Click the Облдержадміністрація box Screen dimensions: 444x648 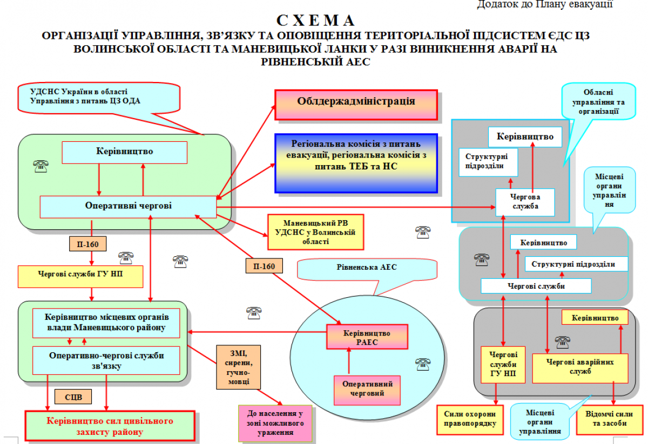coord(356,102)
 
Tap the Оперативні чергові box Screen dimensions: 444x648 coord(128,206)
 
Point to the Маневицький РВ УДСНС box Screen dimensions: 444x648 coord(315,231)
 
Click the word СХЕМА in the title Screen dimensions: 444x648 coord(316,21)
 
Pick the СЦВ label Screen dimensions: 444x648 coord(73,397)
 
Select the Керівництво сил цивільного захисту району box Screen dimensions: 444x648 coord(110,426)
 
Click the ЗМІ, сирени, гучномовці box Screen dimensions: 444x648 coord(238,367)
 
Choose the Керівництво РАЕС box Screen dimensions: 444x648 coord(367,337)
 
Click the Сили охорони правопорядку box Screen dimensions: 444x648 coord(467,419)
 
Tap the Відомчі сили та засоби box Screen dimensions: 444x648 coord(609,419)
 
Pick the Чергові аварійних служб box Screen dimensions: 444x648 coord(580,367)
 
